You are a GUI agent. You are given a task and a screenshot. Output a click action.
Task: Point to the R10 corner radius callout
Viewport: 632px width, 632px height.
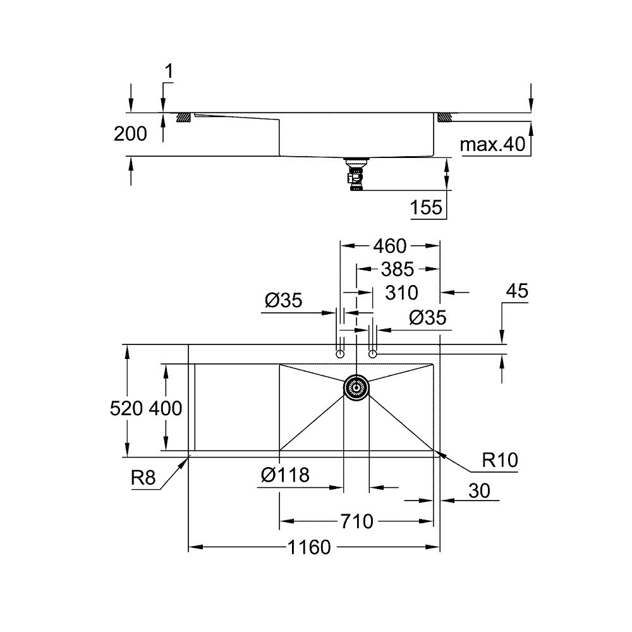499,461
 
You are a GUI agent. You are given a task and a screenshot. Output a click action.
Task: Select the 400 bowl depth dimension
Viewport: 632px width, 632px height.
166,409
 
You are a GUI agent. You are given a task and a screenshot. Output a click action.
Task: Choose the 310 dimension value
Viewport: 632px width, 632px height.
401,293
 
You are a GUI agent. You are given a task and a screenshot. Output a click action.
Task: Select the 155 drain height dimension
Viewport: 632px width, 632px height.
427,207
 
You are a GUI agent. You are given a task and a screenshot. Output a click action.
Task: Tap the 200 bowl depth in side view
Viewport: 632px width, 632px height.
130,133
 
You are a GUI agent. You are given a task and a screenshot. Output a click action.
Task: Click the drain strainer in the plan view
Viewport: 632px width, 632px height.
356,387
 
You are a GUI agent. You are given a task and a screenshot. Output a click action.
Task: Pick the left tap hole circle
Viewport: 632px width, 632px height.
340,354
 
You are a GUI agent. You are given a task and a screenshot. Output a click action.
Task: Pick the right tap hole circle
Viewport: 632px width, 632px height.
372,354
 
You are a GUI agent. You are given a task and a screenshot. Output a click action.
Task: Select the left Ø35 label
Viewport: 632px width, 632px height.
284,301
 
